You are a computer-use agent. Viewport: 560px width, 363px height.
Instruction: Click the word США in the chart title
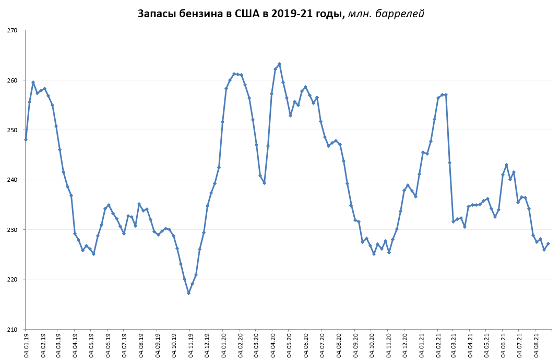click(237, 14)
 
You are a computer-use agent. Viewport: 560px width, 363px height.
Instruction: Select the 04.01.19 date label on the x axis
click(26, 346)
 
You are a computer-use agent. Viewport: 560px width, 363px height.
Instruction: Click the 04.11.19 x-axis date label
click(190, 346)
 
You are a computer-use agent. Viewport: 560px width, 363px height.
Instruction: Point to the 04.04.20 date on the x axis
click(273, 346)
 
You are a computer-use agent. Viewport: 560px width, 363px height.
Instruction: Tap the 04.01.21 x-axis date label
click(422, 346)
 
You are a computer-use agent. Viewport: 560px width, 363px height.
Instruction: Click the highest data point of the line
click(279, 64)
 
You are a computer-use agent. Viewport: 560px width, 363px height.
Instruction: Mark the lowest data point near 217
click(188, 293)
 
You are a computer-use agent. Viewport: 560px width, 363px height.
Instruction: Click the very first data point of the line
click(26, 139)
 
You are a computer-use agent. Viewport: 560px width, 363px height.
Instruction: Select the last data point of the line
click(548, 244)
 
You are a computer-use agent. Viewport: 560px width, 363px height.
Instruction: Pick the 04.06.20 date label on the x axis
click(306, 346)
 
